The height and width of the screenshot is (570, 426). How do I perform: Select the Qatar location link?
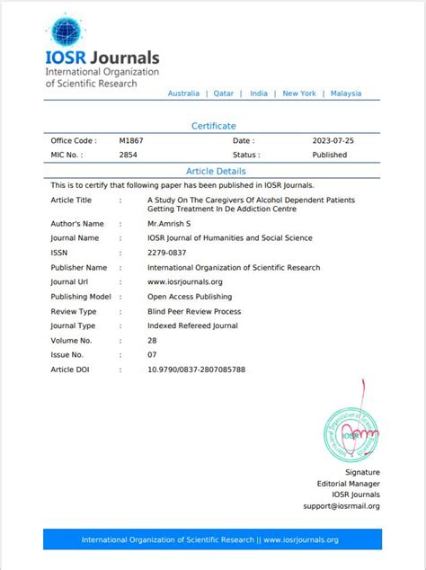click(x=224, y=94)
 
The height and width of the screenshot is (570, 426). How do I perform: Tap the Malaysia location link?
click(x=346, y=94)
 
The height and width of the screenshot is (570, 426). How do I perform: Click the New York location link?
click(x=299, y=94)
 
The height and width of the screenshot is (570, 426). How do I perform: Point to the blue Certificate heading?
click(x=213, y=126)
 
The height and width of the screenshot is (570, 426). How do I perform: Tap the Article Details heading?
click(x=216, y=171)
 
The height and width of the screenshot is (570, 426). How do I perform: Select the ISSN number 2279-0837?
click(x=167, y=253)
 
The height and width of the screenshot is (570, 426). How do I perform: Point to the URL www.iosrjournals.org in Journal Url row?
click(x=184, y=282)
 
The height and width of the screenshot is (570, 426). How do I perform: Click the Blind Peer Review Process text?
click(x=194, y=311)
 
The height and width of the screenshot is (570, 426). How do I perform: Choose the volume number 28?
click(x=152, y=340)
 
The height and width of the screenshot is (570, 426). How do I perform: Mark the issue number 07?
click(x=152, y=355)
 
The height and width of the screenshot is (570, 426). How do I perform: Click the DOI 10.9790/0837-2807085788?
click(x=196, y=370)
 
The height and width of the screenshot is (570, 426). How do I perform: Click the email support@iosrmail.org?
click(x=342, y=506)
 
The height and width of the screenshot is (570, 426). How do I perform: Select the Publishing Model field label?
click(x=81, y=297)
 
